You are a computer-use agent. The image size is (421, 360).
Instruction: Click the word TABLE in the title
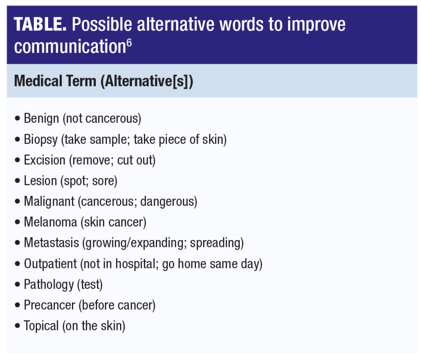(40, 24)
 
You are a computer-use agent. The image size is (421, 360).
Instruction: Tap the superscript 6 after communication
(129, 43)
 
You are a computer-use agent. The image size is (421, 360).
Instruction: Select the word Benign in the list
(42, 119)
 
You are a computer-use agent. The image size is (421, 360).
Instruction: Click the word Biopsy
(41, 140)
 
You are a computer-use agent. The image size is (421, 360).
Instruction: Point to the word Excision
(44, 160)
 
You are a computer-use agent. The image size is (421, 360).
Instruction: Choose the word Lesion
(40, 181)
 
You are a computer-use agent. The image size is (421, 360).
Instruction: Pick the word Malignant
(49, 202)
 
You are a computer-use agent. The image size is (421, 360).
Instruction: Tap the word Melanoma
(51, 222)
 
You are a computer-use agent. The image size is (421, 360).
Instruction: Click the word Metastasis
(51, 243)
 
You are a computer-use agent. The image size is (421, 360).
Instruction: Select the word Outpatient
(51, 263)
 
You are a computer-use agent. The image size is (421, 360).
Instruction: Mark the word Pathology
(49, 284)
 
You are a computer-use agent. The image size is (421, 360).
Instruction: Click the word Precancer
(50, 305)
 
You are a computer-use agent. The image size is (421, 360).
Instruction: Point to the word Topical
(42, 326)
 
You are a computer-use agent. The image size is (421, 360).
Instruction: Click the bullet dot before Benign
(18, 118)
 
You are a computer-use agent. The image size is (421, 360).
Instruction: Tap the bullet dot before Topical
(18, 325)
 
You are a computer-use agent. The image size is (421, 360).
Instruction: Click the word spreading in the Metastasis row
(215, 243)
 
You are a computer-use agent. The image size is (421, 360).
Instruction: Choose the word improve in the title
(316, 25)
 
